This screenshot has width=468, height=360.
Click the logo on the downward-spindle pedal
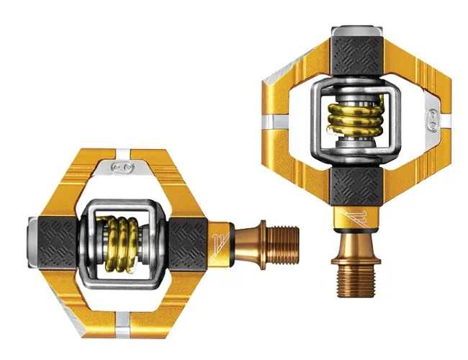(432, 119)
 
